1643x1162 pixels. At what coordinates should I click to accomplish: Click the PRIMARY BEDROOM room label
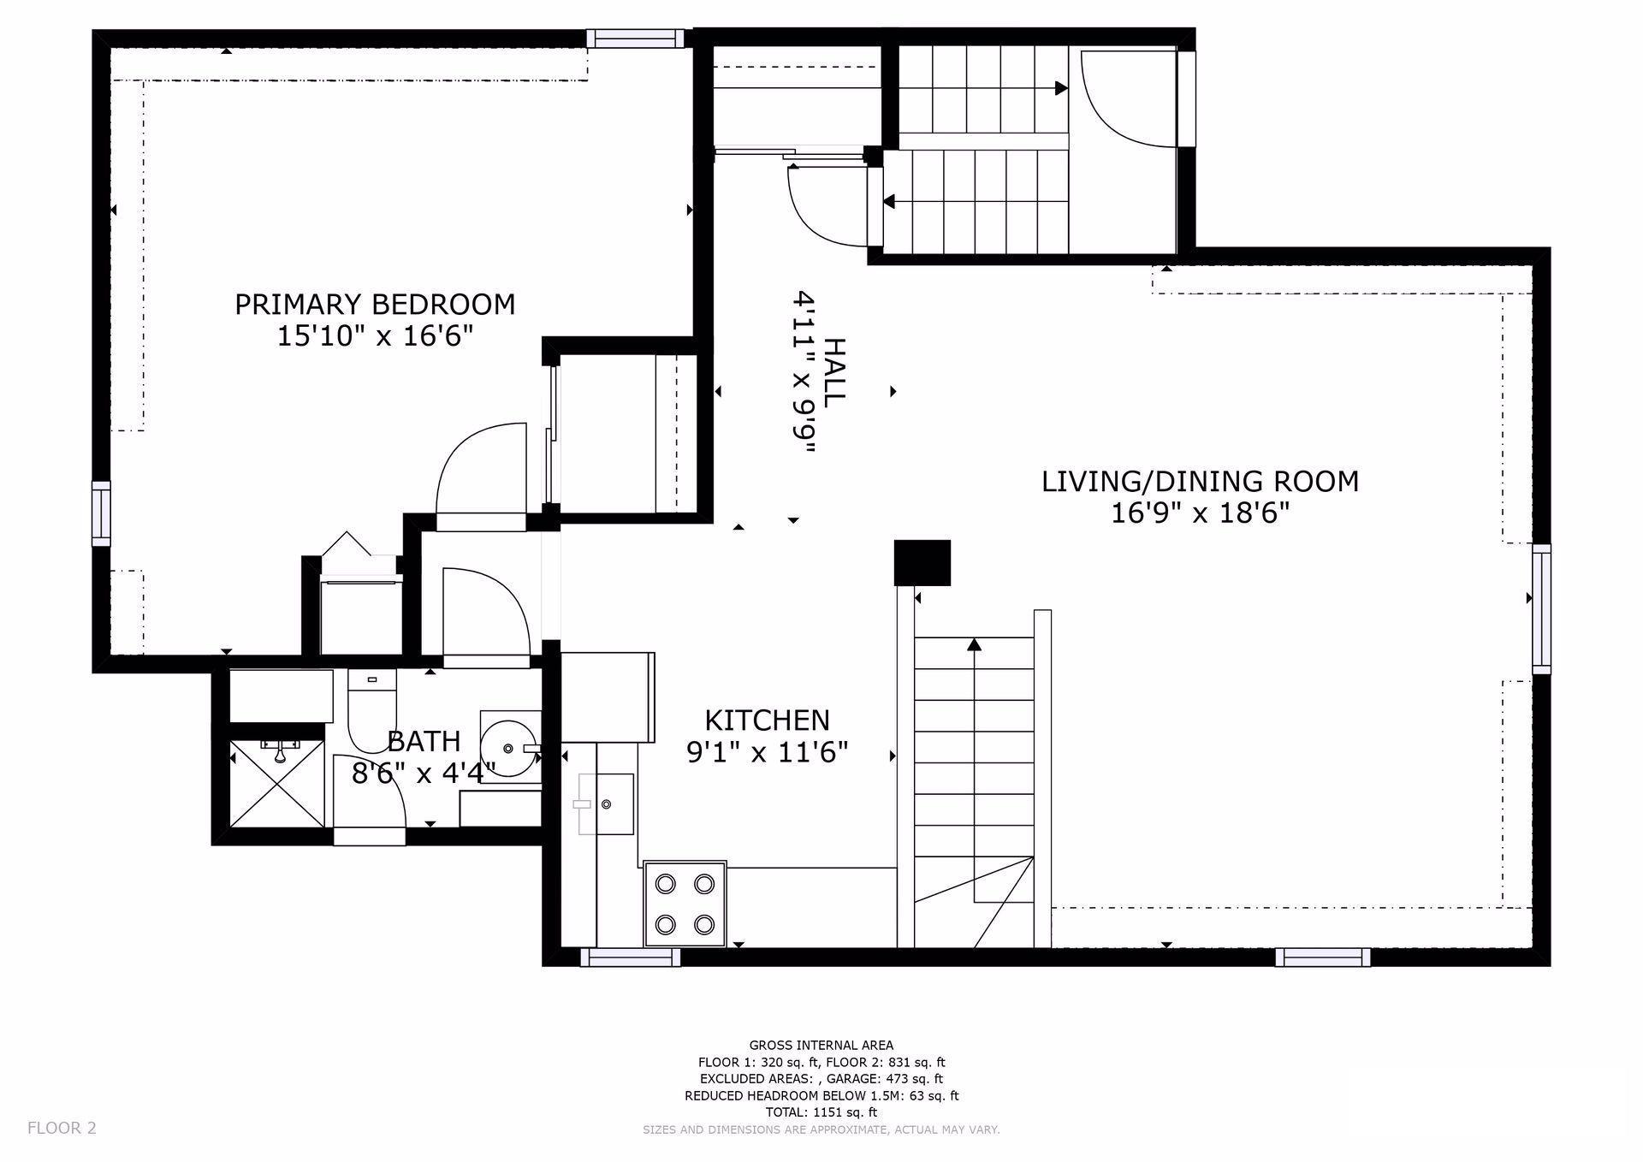point(375,305)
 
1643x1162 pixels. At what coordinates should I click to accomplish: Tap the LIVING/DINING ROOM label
point(1200,482)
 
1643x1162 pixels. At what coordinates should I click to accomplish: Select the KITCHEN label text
point(767,720)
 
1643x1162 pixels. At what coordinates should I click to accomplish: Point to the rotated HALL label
point(833,371)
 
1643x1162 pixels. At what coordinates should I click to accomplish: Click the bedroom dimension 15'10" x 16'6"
point(375,336)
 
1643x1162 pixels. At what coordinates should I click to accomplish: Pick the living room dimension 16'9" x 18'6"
point(1200,513)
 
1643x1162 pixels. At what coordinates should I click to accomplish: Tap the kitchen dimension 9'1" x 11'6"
point(768,752)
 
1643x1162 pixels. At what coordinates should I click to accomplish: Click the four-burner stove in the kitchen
point(685,903)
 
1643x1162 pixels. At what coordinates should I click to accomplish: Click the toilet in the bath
point(372,709)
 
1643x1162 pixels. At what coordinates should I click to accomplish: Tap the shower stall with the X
point(277,783)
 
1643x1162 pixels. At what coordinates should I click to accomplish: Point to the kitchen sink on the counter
point(606,803)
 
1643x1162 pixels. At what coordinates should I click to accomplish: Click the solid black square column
point(922,563)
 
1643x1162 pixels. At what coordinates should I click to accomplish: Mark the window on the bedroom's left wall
point(102,513)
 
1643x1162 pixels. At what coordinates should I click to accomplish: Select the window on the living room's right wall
point(1541,608)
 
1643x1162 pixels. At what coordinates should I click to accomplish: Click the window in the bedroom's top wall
point(636,38)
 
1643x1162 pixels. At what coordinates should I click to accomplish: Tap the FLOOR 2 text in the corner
point(62,1128)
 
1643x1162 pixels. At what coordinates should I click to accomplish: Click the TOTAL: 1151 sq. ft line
point(821,1112)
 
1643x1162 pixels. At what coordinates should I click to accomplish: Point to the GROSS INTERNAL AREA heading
point(821,1045)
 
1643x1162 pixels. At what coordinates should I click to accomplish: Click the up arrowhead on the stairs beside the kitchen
point(974,644)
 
